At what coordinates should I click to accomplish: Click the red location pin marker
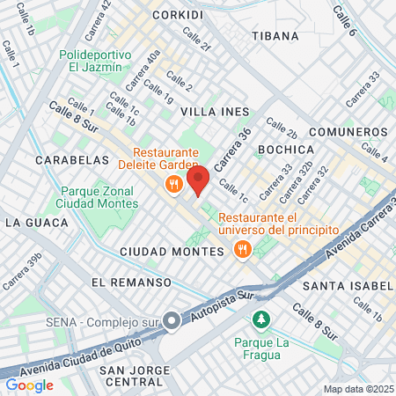(198, 180)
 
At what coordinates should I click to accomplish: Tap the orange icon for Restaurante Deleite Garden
(173, 184)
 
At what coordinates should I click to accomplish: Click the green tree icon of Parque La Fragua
(259, 318)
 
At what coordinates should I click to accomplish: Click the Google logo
(29, 385)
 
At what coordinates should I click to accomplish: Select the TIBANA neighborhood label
(275, 37)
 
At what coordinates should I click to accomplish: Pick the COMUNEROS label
(348, 132)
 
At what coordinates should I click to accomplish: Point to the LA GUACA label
(36, 223)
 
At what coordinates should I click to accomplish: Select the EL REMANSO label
(129, 282)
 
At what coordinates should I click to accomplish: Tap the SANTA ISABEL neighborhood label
(347, 286)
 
